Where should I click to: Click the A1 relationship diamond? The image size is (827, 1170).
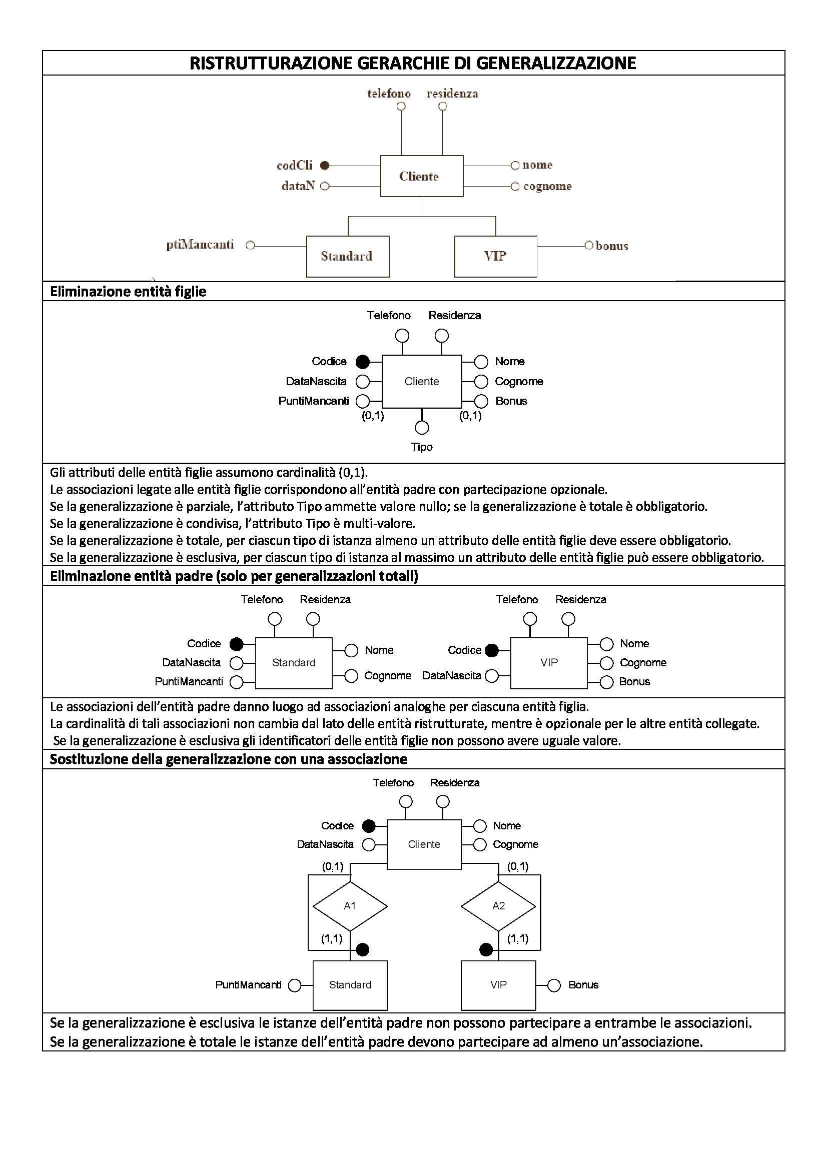350,905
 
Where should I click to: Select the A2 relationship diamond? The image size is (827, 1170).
498,905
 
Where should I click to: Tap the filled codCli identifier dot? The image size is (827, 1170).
325,165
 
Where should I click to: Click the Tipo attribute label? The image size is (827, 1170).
422,447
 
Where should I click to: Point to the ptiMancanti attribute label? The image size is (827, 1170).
200,245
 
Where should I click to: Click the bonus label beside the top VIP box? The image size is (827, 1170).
611,246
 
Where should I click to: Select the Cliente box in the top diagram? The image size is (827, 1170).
421,176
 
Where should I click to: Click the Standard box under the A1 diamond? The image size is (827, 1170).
350,985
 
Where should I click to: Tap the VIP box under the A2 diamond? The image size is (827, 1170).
498,985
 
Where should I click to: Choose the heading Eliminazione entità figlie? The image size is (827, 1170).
128,292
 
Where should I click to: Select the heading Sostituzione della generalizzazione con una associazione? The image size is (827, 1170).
228,759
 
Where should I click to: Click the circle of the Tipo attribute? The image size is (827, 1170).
422,427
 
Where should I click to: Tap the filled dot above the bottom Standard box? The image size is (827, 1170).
362,949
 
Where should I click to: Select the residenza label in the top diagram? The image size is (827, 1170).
452,94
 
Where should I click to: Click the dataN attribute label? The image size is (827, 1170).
298,186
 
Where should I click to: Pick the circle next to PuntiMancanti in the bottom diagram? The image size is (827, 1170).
295,985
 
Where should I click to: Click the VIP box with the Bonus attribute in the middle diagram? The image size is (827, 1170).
549,662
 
